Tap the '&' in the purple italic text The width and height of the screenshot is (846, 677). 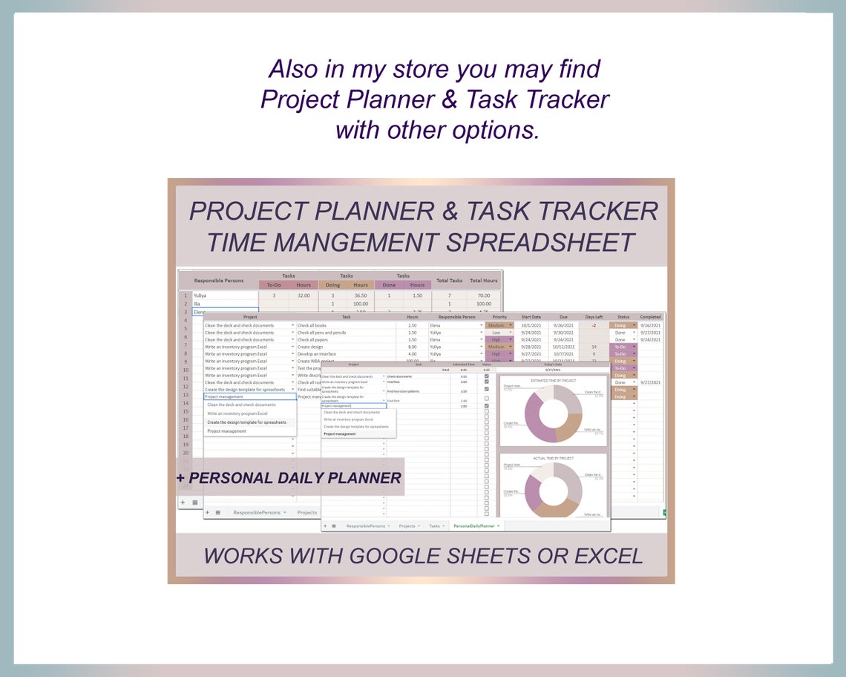[450, 211]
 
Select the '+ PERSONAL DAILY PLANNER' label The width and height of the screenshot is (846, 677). [289, 477]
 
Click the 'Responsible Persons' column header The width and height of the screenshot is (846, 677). [218, 281]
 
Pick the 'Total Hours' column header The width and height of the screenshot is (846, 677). [484, 281]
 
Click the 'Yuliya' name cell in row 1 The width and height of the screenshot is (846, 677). [200, 295]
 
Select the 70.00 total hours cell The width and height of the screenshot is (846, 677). [483, 295]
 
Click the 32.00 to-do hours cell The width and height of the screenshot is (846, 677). [303, 295]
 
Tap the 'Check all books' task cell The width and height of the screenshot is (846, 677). [312, 325]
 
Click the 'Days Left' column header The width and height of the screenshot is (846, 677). [594, 317]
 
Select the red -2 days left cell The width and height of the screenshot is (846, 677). [594, 325]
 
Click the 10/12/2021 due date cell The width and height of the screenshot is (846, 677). [563, 347]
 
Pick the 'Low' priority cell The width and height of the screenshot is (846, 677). [496, 333]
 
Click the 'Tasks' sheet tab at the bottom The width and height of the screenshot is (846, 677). [434, 526]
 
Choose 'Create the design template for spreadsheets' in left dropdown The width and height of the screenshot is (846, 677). [246, 422]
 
